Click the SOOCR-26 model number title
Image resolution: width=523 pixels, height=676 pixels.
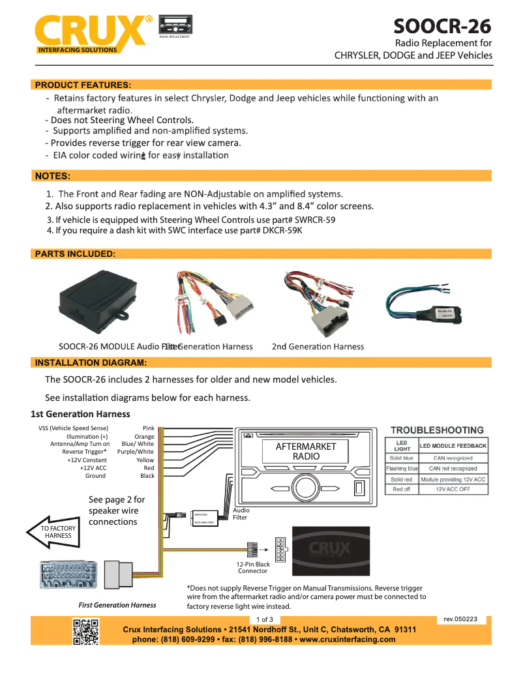coord(442,26)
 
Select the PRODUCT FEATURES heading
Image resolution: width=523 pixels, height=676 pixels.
coord(83,85)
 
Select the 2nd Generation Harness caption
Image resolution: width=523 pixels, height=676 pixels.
coord(318,346)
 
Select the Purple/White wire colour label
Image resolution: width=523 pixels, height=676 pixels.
coord(136,451)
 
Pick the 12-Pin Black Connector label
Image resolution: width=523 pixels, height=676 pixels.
coord(253,567)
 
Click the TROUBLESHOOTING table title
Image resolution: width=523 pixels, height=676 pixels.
coord(437,430)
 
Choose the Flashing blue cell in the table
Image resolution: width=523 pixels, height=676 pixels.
coord(402,469)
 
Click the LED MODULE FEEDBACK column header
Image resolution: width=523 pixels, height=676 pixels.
coord(453,446)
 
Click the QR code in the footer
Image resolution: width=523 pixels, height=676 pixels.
coord(86,632)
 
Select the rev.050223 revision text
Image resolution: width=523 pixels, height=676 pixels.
coord(460,619)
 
